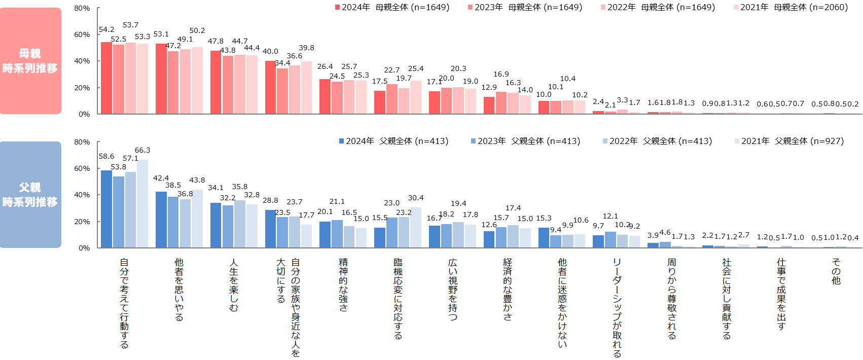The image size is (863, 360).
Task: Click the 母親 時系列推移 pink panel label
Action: tap(30, 61)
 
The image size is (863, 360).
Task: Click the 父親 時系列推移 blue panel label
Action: tap(30, 195)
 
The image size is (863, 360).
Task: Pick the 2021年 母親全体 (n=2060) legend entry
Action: tap(790, 7)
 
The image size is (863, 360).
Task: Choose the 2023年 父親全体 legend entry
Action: tap(525, 141)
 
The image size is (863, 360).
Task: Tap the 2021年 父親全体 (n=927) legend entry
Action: tap(789, 141)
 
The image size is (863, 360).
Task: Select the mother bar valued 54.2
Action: tap(106, 78)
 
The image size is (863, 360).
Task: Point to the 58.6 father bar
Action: tap(106, 209)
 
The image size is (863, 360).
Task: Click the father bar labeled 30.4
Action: tap(416, 228)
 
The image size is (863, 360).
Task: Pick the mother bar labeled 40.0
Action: tap(270, 87)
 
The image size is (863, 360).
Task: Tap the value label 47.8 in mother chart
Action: tap(215, 41)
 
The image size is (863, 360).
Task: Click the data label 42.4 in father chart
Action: tap(161, 178)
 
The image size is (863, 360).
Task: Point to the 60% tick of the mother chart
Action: tap(82, 34)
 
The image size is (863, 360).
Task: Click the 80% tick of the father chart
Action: tap(82, 142)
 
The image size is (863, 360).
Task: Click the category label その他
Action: tap(836, 271)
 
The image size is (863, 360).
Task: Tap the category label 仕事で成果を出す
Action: tap(781, 294)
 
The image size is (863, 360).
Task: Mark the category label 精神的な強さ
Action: tap(343, 284)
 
